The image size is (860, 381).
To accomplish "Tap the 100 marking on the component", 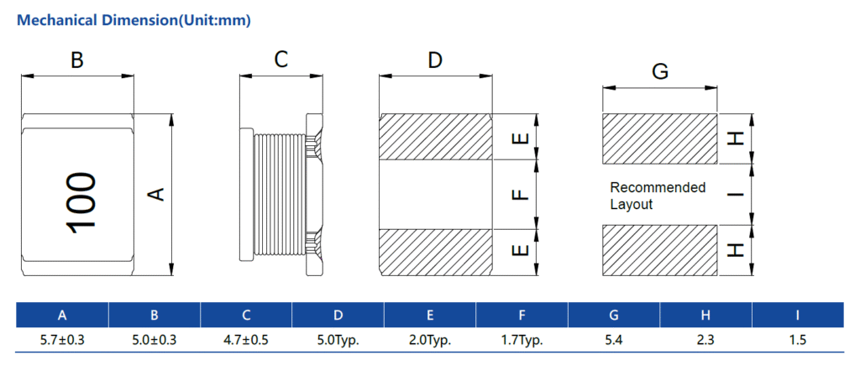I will [x=80, y=203].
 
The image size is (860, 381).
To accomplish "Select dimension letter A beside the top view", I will [x=155, y=195].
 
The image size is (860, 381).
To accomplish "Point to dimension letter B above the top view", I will [x=76, y=60].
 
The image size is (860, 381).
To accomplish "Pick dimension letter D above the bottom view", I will [x=434, y=60].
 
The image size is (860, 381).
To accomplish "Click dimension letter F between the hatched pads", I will [x=521, y=195].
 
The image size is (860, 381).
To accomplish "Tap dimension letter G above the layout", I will [x=660, y=71].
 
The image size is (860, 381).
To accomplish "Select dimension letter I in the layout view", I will [x=737, y=195].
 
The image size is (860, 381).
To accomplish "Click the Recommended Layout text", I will [x=657, y=196].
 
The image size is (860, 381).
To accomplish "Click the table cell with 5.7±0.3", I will [x=62, y=341].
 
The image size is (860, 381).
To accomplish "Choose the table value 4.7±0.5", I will [x=246, y=341].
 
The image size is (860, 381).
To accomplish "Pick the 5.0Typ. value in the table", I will [x=338, y=341].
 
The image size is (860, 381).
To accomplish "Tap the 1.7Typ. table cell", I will [x=522, y=341].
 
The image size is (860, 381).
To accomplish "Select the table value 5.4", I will [x=614, y=341].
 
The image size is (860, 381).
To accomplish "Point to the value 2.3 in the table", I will [x=705, y=341].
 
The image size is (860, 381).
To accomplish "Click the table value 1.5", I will [x=797, y=341].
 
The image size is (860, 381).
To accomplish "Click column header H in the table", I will [x=705, y=316].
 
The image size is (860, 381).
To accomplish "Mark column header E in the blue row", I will [x=430, y=316].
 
